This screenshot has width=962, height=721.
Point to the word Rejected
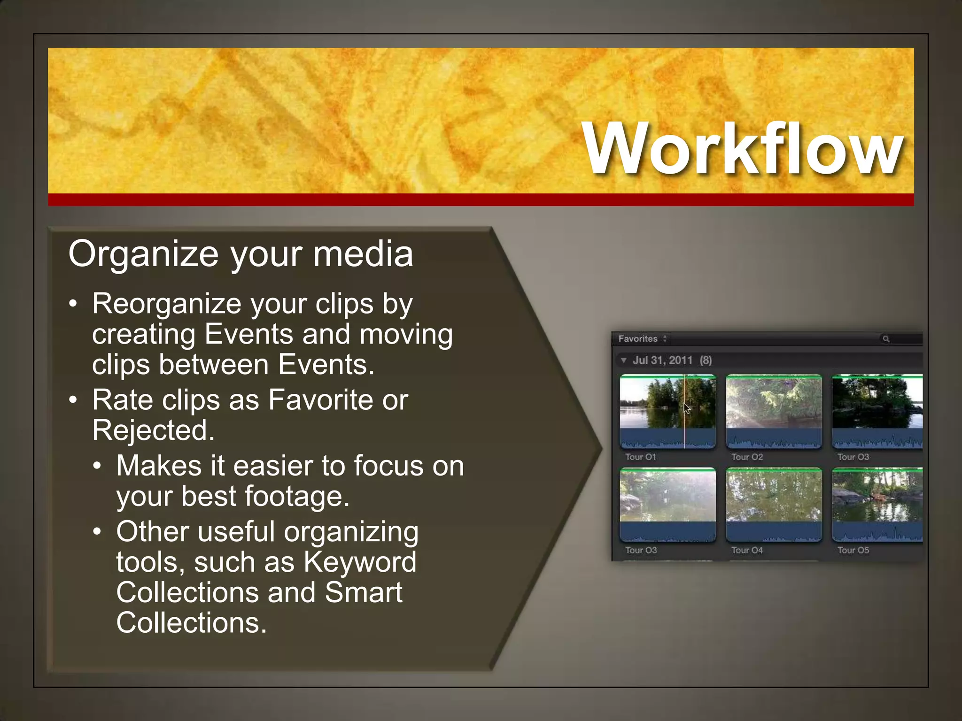point(153,430)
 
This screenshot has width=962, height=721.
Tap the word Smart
point(363,592)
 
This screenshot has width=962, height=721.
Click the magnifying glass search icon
point(886,338)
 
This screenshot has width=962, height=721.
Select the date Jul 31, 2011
point(662,360)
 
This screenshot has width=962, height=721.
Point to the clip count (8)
point(706,360)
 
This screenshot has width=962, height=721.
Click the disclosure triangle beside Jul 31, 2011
point(623,360)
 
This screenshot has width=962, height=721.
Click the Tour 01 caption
point(640,457)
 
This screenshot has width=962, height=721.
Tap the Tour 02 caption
point(747,457)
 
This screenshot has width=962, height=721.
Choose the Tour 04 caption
point(747,550)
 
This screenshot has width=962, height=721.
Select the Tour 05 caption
point(853,550)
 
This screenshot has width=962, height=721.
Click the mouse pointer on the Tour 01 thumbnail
point(686,408)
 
